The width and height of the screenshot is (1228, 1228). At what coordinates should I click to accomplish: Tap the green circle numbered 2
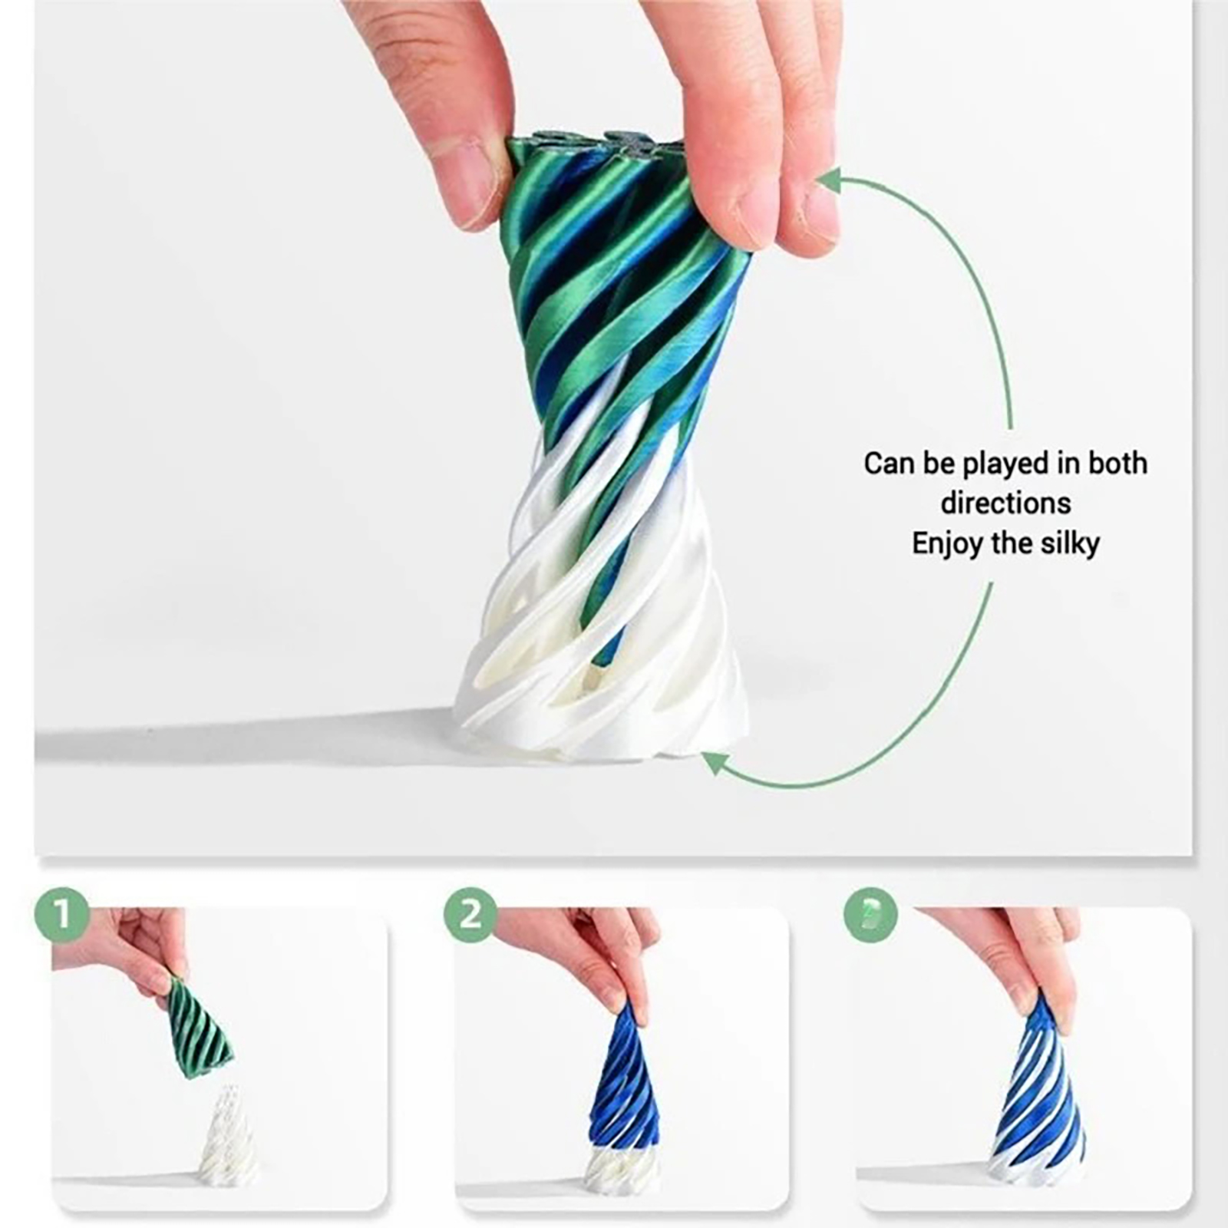[x=470, y=914]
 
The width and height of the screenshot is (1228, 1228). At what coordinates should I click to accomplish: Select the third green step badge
[x=871, y=914]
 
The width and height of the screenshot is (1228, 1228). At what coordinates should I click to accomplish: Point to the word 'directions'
[x=1005, y=503]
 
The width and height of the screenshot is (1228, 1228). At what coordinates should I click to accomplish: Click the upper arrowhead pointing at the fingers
[x=830, y=182]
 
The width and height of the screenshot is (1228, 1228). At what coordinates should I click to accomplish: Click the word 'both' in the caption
[x=1117, y=464]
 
